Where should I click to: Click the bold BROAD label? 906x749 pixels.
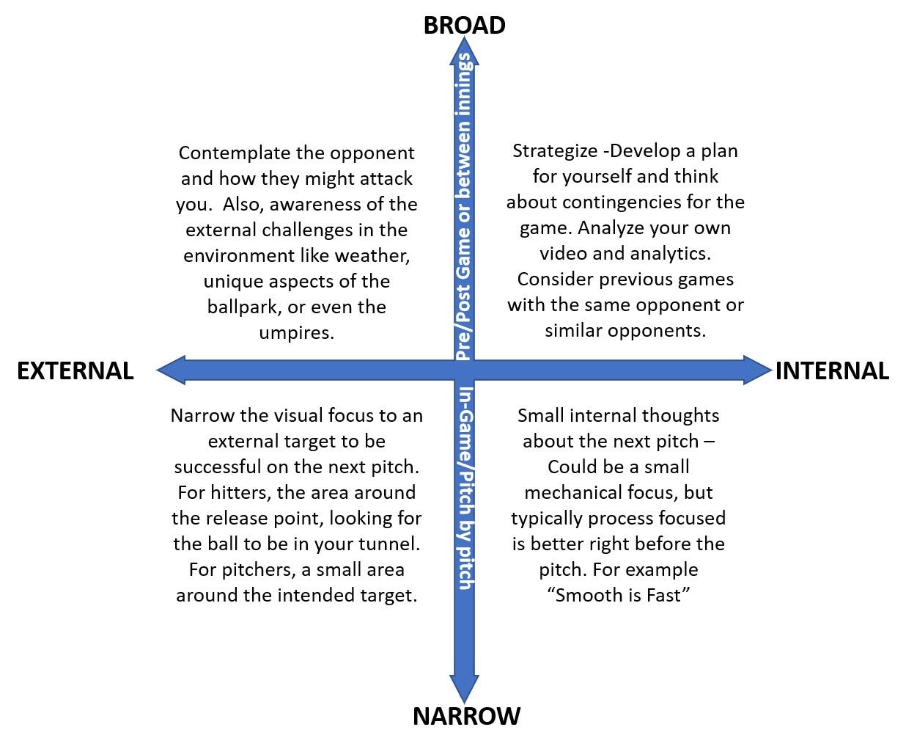465,25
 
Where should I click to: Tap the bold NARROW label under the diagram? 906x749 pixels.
466,716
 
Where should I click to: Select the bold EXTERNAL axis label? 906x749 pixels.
75,371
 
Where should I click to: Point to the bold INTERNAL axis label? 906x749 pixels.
832,371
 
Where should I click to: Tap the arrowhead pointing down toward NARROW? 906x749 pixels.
465,690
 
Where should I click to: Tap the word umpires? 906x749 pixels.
296,333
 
